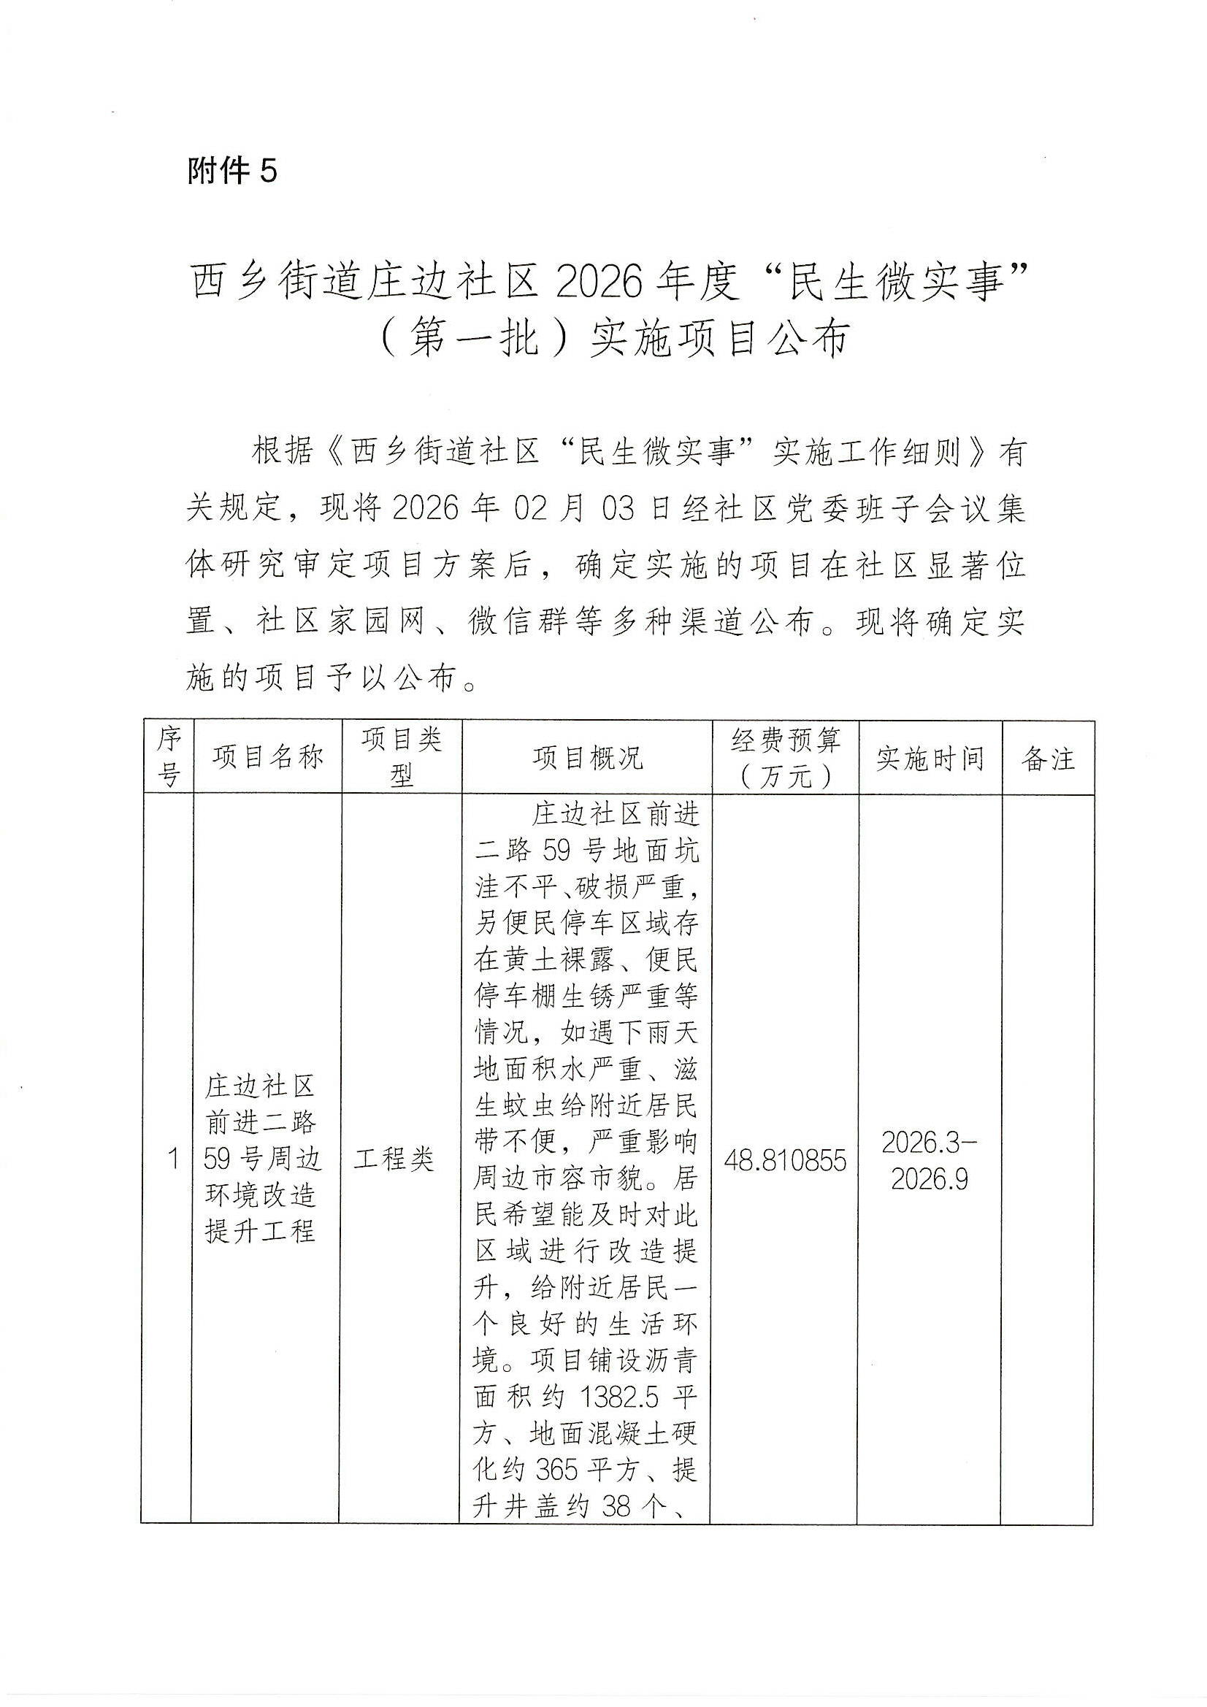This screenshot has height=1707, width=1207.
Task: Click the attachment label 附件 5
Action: (231, 171)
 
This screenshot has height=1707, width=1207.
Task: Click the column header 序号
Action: (169, 757)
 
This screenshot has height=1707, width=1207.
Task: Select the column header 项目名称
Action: (268, 758)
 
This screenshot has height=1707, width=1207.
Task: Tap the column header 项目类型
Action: (402, 758)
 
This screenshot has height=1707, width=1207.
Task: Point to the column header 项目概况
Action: (588, 758)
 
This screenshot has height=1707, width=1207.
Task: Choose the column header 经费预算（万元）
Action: (786, 758)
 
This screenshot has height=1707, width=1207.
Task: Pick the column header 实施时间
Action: (930, 759)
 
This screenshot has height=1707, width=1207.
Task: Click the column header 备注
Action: (1048, 759)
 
